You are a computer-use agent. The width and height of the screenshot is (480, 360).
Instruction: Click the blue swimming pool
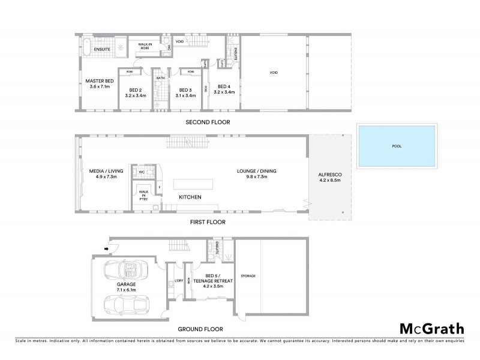[x=397, y=145]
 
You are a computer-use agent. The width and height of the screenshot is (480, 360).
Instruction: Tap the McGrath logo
[x=431, y=328]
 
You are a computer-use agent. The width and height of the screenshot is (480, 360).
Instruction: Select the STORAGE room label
[x=248, y=276]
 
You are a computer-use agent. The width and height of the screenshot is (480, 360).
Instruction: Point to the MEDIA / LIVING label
[x=106, y=173]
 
